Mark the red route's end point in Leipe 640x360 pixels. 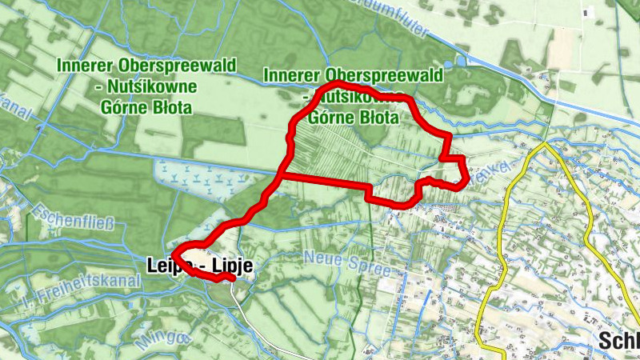coord(230,278)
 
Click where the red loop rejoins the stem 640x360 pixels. coord(281,174)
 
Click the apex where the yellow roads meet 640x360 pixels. coord(546,145)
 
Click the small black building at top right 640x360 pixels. coord(590,12)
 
